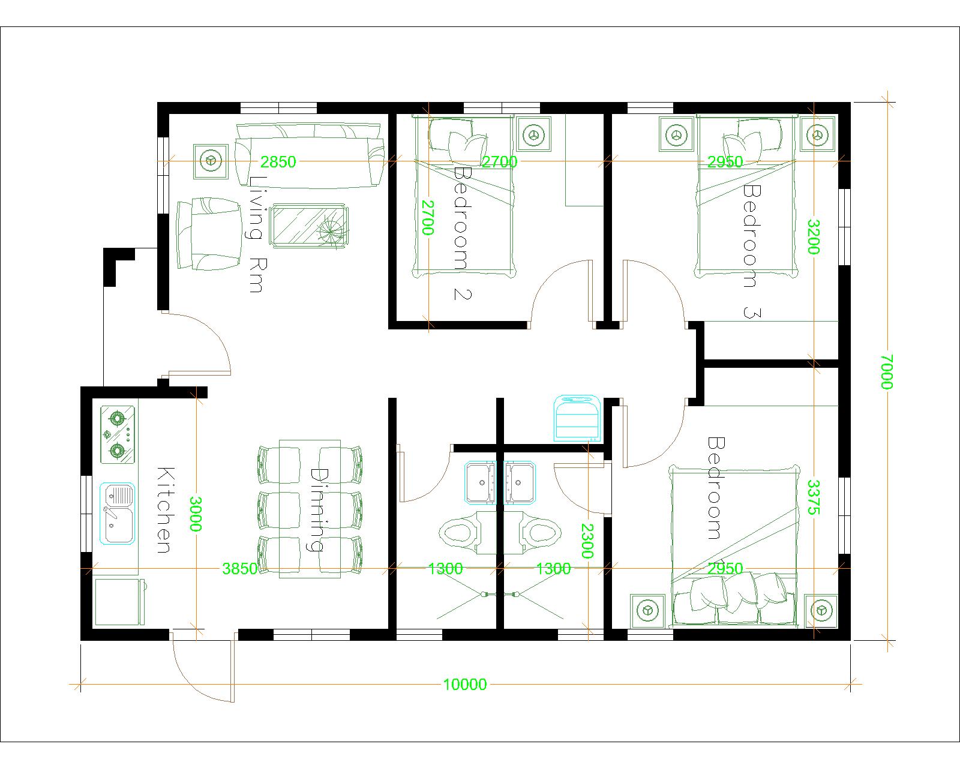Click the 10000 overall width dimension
pos(464,684)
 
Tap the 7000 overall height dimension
pos(887,372)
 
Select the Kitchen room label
pos(164,510)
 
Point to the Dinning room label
pos(317,509)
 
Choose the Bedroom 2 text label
pos(463,233)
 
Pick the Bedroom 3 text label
pos(751,251)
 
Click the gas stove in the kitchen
pos(118,434)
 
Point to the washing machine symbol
pos(578,418)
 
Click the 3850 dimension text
pos(239,569)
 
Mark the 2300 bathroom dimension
pos(587,541)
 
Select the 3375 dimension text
pos(814,497)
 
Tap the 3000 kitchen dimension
pos(196,514)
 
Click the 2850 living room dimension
pos(278,161)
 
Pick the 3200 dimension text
pos(814,236)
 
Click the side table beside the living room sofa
pos(211,161)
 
